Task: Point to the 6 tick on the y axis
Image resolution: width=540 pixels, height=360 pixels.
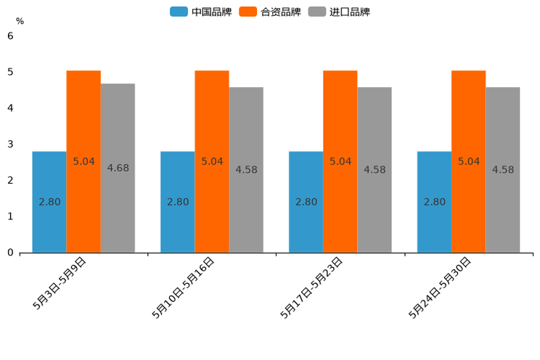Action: tap(10, 36)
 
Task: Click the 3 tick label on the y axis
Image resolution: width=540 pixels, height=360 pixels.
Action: tap(10, 144)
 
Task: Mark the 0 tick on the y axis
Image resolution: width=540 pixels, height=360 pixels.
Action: tap(10, 253)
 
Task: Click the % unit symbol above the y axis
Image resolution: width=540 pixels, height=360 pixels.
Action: tap(20, 21)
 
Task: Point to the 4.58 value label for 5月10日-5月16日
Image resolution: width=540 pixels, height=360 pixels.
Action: tap(246, 170)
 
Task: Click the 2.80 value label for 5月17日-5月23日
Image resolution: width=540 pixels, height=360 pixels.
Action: tap(306, 202)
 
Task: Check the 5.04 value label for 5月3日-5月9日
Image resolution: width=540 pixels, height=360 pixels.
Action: tap(84, 161)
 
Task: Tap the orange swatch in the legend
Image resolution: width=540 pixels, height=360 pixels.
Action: tap(248, 12)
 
